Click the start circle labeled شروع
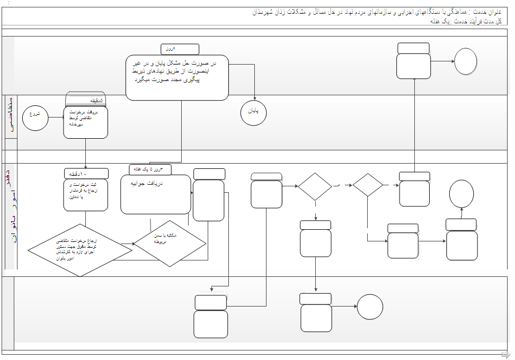(x=34, y=114)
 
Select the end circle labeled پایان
(x=253, y=112)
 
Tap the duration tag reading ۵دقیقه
(x=86, y=100)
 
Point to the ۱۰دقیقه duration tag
(x=86, y=174)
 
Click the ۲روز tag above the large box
(x=180, y=49)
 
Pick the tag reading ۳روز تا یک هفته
(x=150, y=169)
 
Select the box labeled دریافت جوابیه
(x=155, y=194)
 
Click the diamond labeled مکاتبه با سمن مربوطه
(x=170, y=243)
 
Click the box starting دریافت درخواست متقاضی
(x=86, y=122)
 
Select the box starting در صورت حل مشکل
(x=177, y=77)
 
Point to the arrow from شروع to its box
(x=55, y=114)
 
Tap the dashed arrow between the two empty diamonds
(x=342, y=185)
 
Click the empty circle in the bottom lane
(x=370, y=307)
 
